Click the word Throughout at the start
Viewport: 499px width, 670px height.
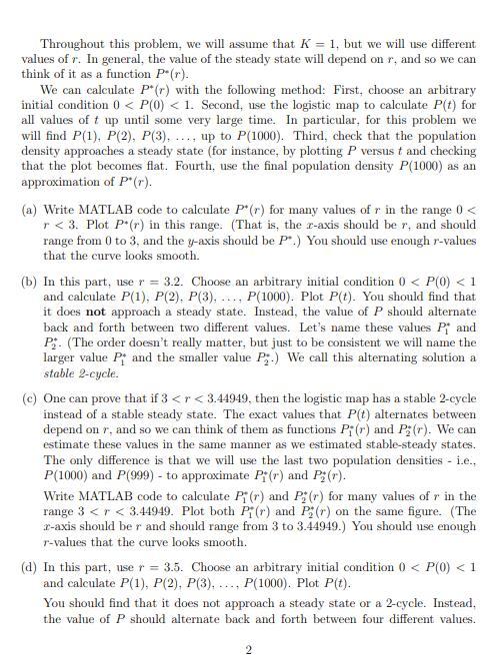[67, 44]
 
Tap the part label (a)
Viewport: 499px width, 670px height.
[30, 213]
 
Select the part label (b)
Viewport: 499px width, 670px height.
[30, 283]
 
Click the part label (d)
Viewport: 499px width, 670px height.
[30, 566]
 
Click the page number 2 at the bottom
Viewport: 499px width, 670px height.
[249, 651]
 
